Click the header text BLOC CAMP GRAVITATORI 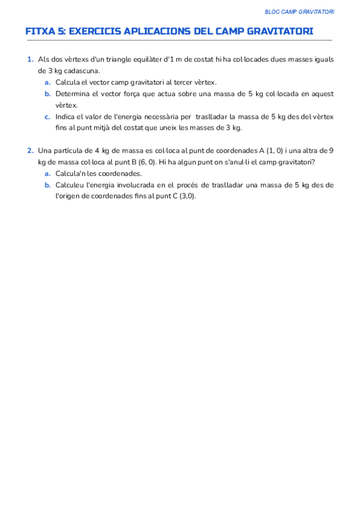point(299,12)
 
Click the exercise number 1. point(30,59)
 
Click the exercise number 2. point(30,150)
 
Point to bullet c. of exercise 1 point(47,116)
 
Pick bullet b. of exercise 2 point(47,185)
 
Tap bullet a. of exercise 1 point(47,82)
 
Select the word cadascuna point(82,71)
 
